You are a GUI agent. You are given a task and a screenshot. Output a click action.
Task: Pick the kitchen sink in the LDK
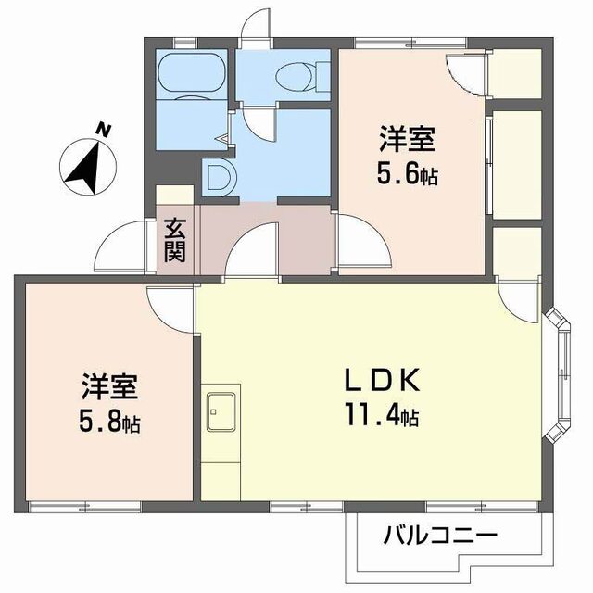pyautogui.click(x=221, y=409)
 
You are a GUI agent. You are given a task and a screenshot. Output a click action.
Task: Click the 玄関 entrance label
pyautogui.click(x=175, y=239)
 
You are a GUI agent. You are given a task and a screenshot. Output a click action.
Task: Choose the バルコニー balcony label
pyautogui.click(x=439, y=535)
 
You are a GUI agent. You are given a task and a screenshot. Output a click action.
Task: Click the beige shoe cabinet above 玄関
pyautogui.click(x=174, y=196)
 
